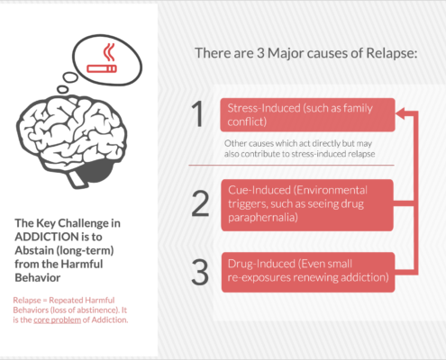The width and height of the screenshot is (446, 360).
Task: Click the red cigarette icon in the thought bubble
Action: click(102, 68)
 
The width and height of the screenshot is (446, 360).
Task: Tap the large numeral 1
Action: click(197, 114)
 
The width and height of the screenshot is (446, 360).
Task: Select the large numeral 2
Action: click(200, 203)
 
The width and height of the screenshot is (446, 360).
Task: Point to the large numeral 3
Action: click(200, 272)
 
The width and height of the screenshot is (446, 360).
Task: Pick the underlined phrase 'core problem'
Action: click(57, 320)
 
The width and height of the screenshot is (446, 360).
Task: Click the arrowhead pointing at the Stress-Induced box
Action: click(400, 113)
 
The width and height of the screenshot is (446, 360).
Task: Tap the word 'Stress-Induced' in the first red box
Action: click(264, 108)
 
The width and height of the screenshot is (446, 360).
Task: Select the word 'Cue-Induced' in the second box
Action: click(259, 190)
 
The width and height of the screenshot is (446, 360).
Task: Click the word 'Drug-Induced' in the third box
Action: click(261, 264)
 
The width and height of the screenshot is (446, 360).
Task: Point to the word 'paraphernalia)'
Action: click(263, 218)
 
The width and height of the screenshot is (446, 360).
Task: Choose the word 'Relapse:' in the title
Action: click(392, 53)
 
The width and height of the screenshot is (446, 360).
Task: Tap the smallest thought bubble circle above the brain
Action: click(62, 89)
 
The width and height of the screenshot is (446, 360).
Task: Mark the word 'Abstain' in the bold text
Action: click(34, 250)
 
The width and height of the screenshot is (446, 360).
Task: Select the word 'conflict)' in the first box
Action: click(247, 121)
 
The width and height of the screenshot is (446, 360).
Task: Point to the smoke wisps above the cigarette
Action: click(109, 52)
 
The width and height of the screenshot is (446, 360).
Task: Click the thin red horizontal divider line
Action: click(291, 165)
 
